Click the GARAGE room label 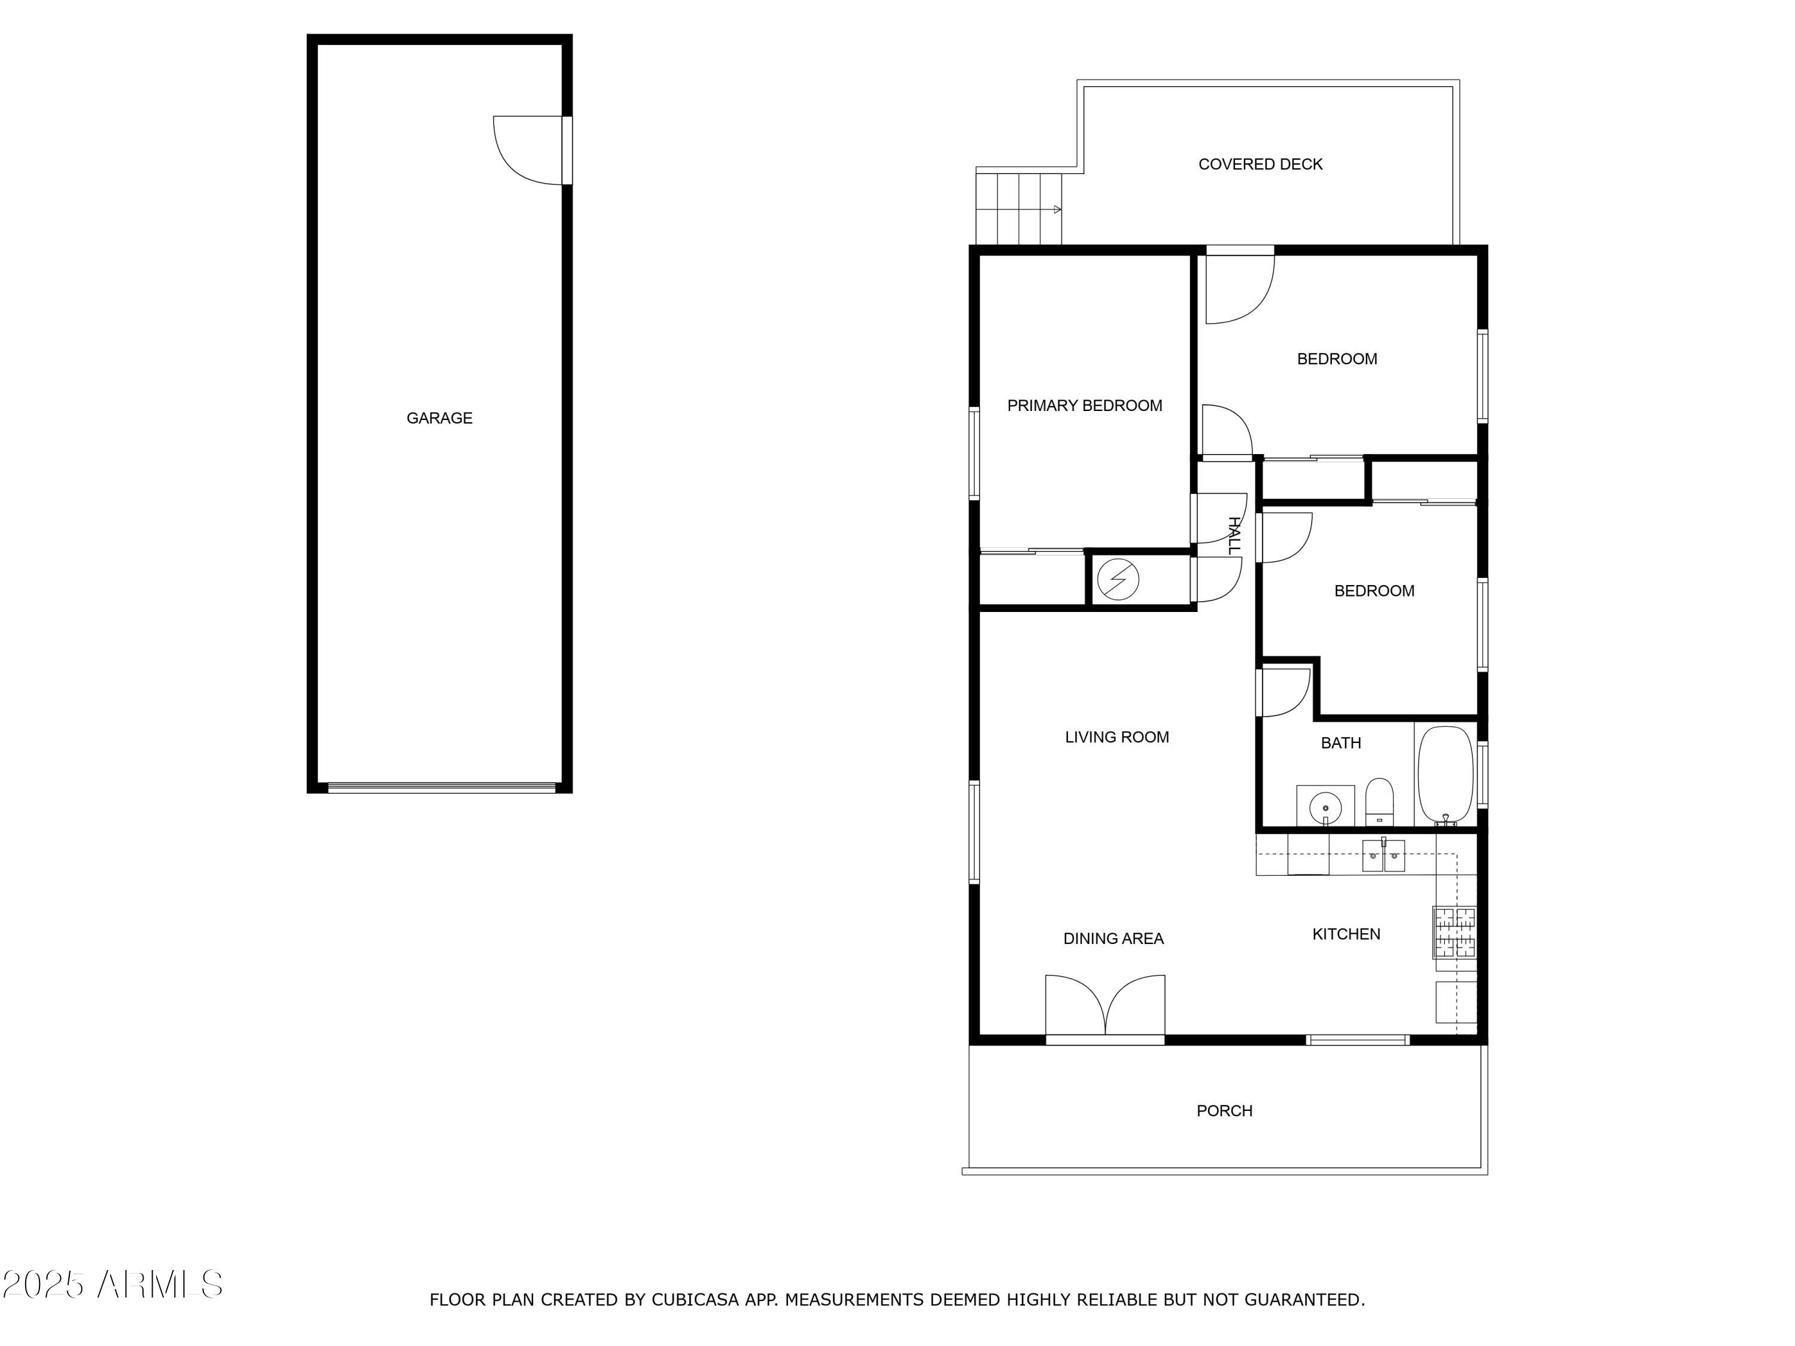[x=439, y=418]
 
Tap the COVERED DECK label [x=1260, y=164]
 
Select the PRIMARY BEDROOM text [x=1084, y=406]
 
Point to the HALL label [x=1233, y=535]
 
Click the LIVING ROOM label [x=1116, y=736]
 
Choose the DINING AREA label [x=1113, y=939]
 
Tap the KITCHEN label [x=1346, y=934]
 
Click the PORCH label [x=1224, y=1111]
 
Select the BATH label [x=1341, y=742]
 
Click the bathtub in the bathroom [x=1445, y=775]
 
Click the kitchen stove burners [x=1455, y=931]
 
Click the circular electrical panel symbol [x=1118, y=579]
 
